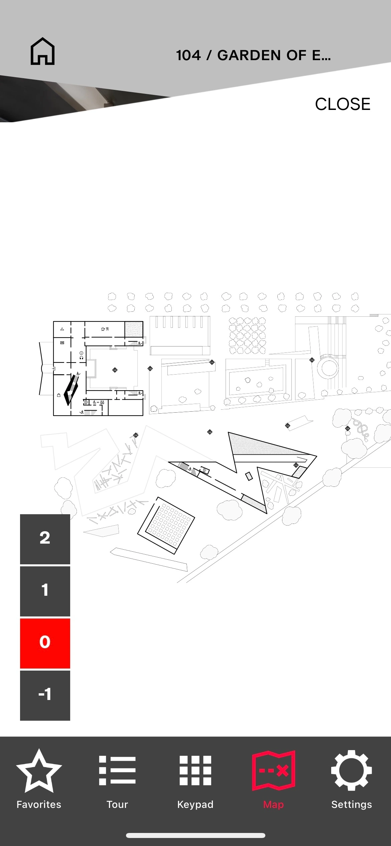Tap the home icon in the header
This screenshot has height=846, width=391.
coord(42,51)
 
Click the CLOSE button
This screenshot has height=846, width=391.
coord(343,104)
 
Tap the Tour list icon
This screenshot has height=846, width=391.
coord(117,770)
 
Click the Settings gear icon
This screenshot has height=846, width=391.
coord(352,770)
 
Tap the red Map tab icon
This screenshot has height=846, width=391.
coord(273,770)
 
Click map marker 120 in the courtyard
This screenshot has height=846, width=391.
coord(115,370)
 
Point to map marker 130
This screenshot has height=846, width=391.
coord(150,369)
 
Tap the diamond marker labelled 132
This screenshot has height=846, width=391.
coord(312,360)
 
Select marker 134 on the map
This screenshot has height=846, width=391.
coord(287,425)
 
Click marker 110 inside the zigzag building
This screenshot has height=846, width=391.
coord(296,465)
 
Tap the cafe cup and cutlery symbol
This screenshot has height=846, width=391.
coord(105,329)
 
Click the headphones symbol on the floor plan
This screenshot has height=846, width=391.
coord(81,358)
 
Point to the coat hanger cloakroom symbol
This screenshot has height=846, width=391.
coord(62,329)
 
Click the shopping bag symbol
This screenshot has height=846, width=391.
coord(59,395)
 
